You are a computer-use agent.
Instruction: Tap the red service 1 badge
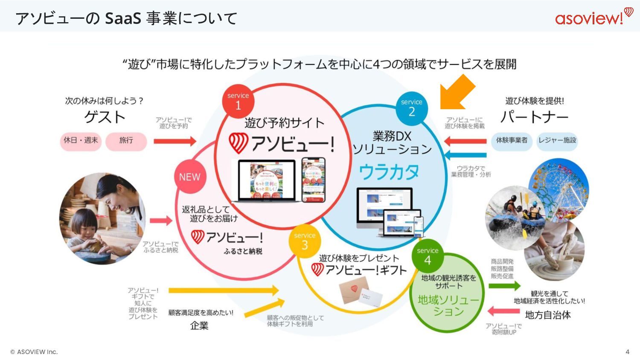pyautogui.click(x=238, y=101)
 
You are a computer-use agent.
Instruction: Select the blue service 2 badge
pyautogui.click(x=411, y=107)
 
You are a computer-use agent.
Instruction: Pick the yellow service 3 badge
pyautogui.click(x=305, y=241)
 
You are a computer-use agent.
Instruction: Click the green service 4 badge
pyautogui.click(x=428, y=256)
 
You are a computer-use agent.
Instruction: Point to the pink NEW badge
pyautogui.click(x=190, y=177)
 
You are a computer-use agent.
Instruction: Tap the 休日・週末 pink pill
pyautogui.click(x=81, y=140)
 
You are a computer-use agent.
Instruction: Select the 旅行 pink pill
pyautogui.click(x=126, y=140)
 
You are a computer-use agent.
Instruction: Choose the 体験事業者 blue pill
pyautogui.click(x=512, y=140)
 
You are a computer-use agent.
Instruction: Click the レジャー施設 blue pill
pyautogui.click(x=557, y=140)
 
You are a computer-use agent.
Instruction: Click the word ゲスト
pyautogui.click(x=105, y=117)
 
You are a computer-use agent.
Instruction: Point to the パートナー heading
pyautogui.click(x=534, y=117)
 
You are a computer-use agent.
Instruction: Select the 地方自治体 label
pyautogui.click(x=548, y=315)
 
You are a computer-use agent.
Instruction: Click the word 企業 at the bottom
pyautogui.click(x=199, y=326)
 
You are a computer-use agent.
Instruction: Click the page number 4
pyautogui.click(x=627, y=352)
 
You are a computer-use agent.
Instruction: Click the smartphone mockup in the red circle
pyautogui.click(x=313, y=180)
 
